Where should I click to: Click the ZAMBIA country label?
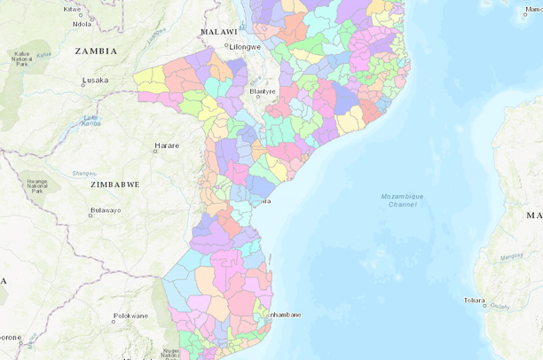click(x=96, y=51)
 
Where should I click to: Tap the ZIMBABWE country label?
click(x=115, y=184)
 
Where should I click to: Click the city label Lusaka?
click(x=95, y=81)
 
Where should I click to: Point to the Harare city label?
click(x=167, y=145)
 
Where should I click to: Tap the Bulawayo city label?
click(x=105, y=210)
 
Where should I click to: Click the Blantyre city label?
click(x=263, y=91)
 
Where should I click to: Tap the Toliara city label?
click(x=475, y=300)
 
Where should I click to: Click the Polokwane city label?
click(x=130, y=316)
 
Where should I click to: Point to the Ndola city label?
click(x=83, y=24)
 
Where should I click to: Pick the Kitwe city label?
click(x=73, y=9)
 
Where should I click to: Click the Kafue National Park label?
click(x=21, y=59)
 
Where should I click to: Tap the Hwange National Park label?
click(x=36, y=185)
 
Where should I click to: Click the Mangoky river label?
click(x=512, y=257)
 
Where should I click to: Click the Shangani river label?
click(x=84, y=173)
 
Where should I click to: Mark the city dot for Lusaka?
click(x=78, y=81)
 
